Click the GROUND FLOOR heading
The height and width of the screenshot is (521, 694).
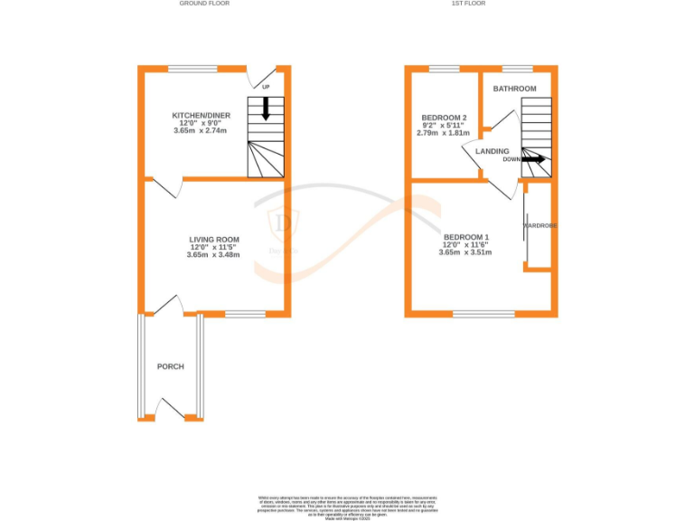[x=205, y=4]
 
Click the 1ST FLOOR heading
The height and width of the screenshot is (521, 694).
[x=469, y=4]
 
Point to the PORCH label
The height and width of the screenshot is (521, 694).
[x=171, y=366]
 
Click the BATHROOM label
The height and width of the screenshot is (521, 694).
[x=514, y=89]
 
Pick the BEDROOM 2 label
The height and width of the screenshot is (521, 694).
[x=444, y=118]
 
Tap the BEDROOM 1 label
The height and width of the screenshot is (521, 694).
[x=465, y=237]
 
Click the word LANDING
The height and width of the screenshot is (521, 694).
[x=492, y=151]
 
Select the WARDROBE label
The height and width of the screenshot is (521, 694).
[x=539, y=225]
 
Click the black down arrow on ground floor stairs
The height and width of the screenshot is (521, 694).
[x=266, y=109]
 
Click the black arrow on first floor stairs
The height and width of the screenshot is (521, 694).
[x=533, y=159]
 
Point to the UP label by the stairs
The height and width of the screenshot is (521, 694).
[x=266, y=87]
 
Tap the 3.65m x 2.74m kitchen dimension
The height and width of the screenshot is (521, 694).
[x=201, y=131]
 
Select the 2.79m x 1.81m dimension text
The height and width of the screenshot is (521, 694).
[x=444, y=133]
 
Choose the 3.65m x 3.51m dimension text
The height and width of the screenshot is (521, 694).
[x=465, y=252]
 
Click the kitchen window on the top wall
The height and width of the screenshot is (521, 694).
[x=192, y=69]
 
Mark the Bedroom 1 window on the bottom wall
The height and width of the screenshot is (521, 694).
[x=483, y=314]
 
